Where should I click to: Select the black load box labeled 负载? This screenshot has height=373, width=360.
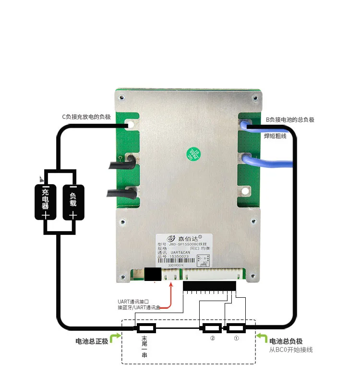(x=73, y=202)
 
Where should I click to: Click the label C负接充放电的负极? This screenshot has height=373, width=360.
(x=86, y=116)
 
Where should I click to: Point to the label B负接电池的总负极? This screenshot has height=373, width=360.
(x=290, y=120)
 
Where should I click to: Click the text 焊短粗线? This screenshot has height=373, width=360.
(x=275, y=136)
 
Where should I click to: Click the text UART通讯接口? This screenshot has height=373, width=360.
(x=136, y=301)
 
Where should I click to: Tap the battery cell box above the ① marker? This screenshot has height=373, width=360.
(x=236, y=328)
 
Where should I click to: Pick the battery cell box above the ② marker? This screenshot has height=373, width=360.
(x=212, y=328)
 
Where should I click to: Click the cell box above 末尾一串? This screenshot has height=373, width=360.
(x=145, y=328)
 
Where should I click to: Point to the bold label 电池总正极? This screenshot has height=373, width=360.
(x=92, y=341)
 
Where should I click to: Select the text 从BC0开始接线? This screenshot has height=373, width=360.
(x=291, y=350)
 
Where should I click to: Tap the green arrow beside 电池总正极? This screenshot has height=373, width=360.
(x=115, y=338)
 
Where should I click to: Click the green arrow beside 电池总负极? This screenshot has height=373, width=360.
(x=262, y=338)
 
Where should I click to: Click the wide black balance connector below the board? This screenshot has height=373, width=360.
(x=209, y=286)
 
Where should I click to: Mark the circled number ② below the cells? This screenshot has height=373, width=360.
(x=212, y=338)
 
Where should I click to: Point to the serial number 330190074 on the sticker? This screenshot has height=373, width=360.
(x=177, y=265)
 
